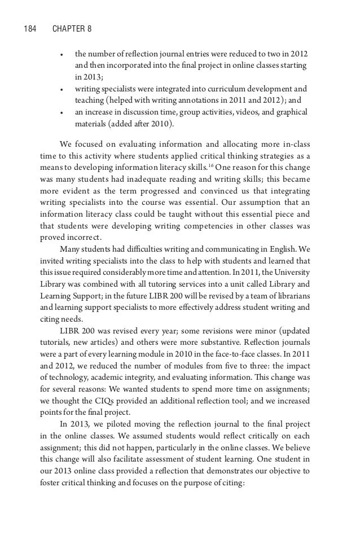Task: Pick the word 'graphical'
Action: pyautogui.click(x=290, y=112)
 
